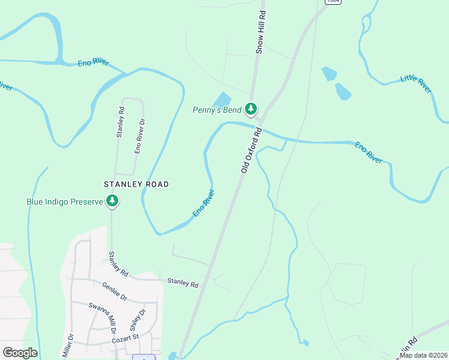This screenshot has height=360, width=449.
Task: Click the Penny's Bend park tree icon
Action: pos(251,109)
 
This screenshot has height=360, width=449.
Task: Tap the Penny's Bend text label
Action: pos(217,110)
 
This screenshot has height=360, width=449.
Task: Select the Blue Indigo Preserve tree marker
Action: pos(112,201)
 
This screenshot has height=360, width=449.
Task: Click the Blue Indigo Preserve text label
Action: pos(65,202)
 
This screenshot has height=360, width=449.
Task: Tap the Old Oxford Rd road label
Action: pos(252,150)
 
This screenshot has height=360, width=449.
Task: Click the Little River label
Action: pos(416,84)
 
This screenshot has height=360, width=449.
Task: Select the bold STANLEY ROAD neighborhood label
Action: pos(136,184)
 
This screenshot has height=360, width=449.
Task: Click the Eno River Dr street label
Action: pos(139,136)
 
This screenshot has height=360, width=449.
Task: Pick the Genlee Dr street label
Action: pos(115,292)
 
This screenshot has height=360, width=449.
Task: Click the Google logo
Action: pos(20,353)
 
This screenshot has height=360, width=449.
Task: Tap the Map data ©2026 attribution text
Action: pos(423,355)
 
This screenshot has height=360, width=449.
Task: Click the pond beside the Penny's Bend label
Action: pos(221,99)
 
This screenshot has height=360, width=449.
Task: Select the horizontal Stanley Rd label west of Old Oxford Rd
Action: pos(182,283)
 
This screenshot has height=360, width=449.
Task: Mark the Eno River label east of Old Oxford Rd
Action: pos(369,152)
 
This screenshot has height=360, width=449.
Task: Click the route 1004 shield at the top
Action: pos(333,2)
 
